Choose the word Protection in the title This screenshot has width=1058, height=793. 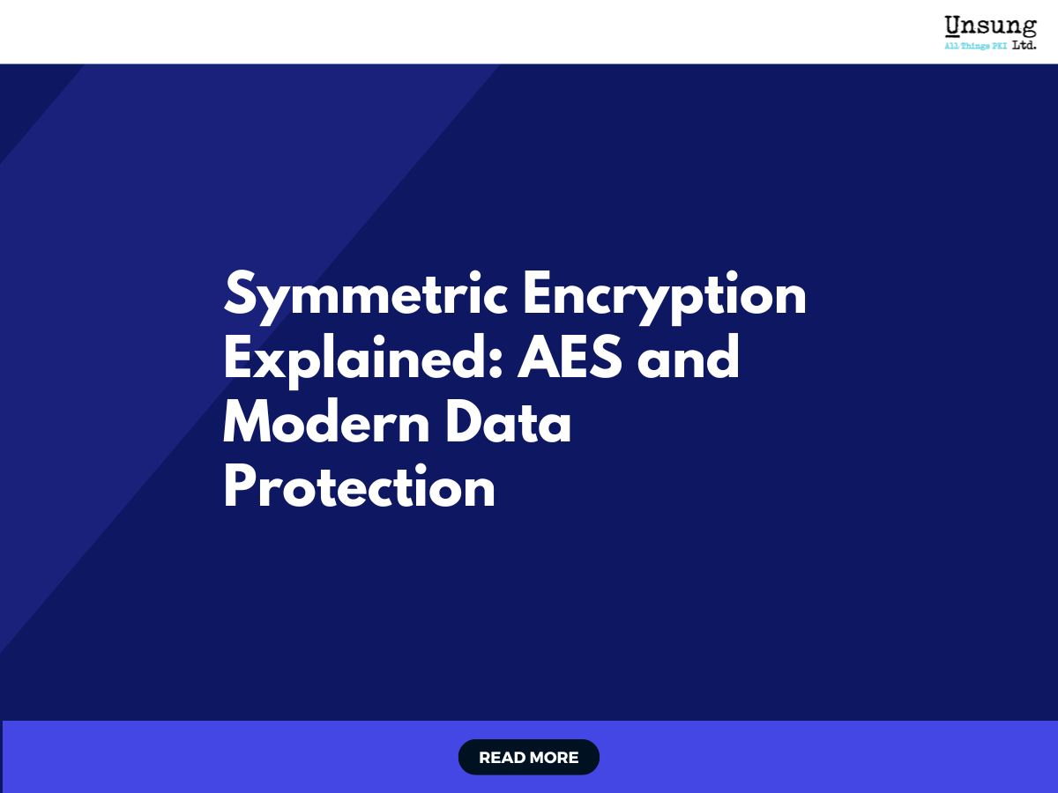tap(359, 487)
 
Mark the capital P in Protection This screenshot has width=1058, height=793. tap(240, 487)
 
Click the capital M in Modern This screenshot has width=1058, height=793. tap(248, 424)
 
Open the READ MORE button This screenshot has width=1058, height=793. tap(529, 757)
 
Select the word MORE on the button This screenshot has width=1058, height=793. tap(554, 758)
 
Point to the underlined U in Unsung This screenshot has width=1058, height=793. tap(953, 26)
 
